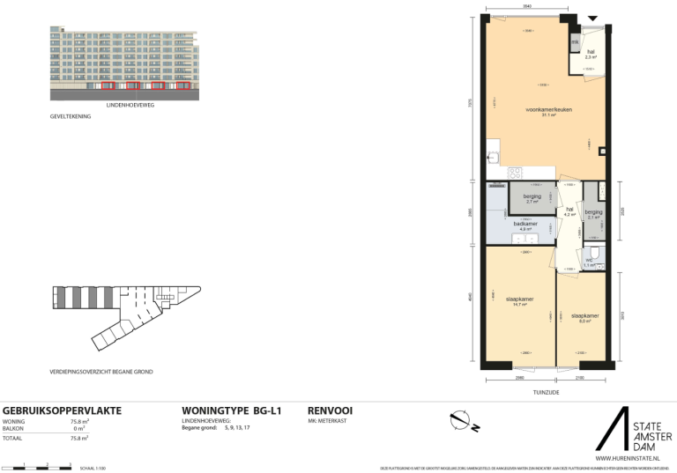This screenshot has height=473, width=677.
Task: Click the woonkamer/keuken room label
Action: (x=544, y=110)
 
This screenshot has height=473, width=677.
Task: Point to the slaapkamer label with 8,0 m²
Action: (x=584, y=315)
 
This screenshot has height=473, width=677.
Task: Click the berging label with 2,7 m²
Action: (x=532, y=196)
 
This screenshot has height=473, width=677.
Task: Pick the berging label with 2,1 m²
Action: (x=593, y=212)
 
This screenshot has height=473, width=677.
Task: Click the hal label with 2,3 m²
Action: (x=591, y=52)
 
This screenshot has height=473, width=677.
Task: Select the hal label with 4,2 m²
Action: (x=569, y=211)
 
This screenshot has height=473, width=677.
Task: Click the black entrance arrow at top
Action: (x=592, y=18)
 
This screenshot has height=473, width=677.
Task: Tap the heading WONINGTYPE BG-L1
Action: (x=231, y=410)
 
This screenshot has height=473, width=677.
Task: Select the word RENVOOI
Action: (x=331, y=410)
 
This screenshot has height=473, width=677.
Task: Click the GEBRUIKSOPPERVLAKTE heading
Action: (x=63, y=410)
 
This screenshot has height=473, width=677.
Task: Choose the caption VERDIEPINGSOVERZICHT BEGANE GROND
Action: (x=101, y=372)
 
